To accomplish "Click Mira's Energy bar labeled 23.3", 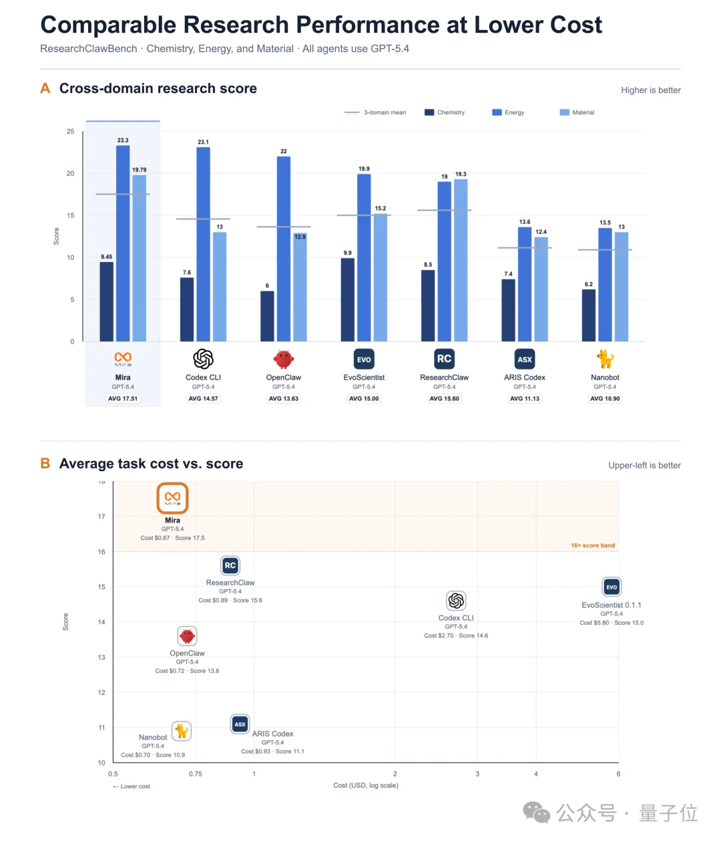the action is pyautogui.click(x=122, y=243).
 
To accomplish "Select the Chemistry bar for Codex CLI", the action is pyautogui.click(x=187, y=309).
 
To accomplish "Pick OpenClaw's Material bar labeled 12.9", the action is pyautogui.click(x=300, y=287).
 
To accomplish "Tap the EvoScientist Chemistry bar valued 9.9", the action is pyautogui.click(x=347, y=299).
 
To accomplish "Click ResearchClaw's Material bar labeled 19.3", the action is pyautogui.click(x=460, y=261).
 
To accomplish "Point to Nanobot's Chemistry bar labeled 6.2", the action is pyautogui.click(x=588, y=315).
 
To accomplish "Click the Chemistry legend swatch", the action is pyautogui.click(x=429, y=112).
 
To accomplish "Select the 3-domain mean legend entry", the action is pyautogui.click(x=375, y=112).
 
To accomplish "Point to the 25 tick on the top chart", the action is pyautogui.click(x=70, y=131).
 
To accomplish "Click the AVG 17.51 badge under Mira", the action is pyautogui.click(x=122, y=398).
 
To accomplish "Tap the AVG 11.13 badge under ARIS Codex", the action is pyautogui.click(x=525, y=398).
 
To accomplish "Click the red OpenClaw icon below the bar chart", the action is pyautogui.click(x=283, y=359).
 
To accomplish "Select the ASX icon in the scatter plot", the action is pyautogui.click(x=240, y=724).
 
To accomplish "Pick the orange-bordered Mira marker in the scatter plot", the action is pyautogui.click(x=172, y=498).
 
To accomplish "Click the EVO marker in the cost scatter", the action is pyautogui.click(x=611, y=587).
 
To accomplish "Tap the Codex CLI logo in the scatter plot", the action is pyautogui.click(x=456, y=601).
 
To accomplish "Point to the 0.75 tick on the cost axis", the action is pyautogui.click(x=196, y=774).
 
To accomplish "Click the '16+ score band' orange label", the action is pyautogui.click(x=592, y=545).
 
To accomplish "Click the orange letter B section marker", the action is pyautogui.click(x=45, y=463).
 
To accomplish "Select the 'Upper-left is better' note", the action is pyautogui.click(x=644, y=465).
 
